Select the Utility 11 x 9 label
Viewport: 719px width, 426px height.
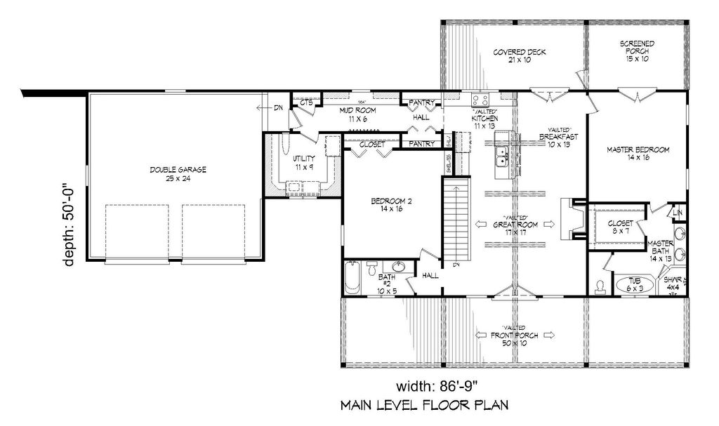coord(303,163)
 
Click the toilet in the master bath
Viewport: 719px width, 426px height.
coord(600,285)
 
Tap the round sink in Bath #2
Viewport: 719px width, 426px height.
coord(399,267)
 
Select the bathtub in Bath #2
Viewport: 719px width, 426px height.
coord(353,278)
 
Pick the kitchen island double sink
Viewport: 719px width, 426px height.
coord(503,158)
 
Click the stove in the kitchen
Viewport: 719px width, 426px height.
coord(480,100)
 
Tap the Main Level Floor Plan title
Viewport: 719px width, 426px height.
coord(423,406)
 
